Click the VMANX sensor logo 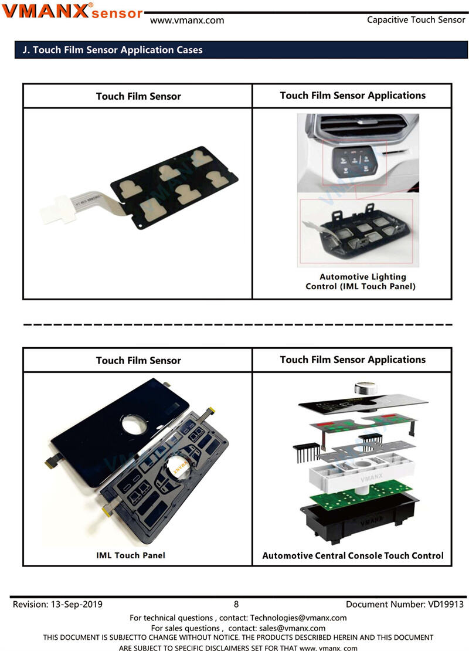click(x=73, y=11)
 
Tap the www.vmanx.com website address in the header click(x=187, y=21)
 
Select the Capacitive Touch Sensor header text click(x=416, y=20)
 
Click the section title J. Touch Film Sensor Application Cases click(x=113, y=50)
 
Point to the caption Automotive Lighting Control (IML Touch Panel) click(x=361, y=282)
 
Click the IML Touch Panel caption click(x=131, y=555)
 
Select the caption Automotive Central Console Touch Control click(x=353, y=555)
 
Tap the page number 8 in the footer click(x=236, y=604)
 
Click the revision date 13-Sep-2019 click(x=76, y=604)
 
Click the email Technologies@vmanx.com click(x=298, y=618)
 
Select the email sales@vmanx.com click(x=292, y=628)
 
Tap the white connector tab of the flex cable click(x=58, y=209)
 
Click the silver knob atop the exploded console click(x=366, y=388)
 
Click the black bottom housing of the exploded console click(x=359, y=519)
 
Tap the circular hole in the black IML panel click(x=134, y=425)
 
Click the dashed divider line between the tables click(x=237, y=324)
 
